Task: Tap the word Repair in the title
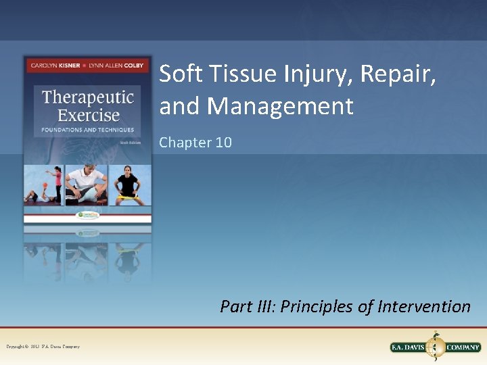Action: point(398,75)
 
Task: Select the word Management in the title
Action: point(280,106)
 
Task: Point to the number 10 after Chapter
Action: point(223,143)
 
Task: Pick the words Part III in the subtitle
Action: point(247,307)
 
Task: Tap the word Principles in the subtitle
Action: point(318,307)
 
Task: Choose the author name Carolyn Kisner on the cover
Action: point(51,66)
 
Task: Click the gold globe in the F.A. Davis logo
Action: point(436,347)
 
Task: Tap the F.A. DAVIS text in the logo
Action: point(409,347)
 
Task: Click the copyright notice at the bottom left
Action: point(43,347)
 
